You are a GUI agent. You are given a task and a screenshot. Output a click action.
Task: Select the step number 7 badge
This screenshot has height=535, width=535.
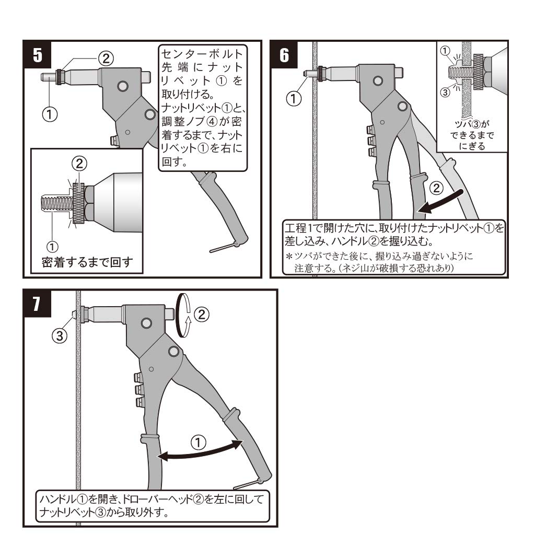tap(38, 304)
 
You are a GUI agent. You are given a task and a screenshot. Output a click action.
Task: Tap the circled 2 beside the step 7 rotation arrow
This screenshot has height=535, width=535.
tap(201, 314)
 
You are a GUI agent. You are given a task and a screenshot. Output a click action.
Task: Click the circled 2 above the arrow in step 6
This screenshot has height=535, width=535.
tap(437, 187)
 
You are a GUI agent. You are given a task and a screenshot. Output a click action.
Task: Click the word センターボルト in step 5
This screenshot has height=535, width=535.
tap(202, 54)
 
